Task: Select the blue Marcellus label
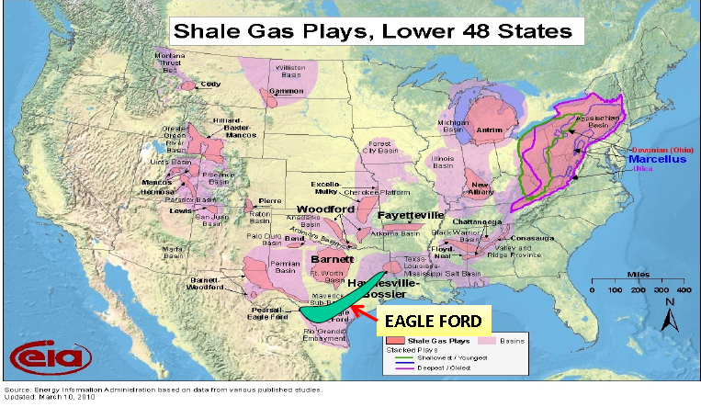coord(655,159)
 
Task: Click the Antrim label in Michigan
coord(489,130)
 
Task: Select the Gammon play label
coord(287,91)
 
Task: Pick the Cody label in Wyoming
coord(210,84)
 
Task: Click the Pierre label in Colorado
coord(268,199)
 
